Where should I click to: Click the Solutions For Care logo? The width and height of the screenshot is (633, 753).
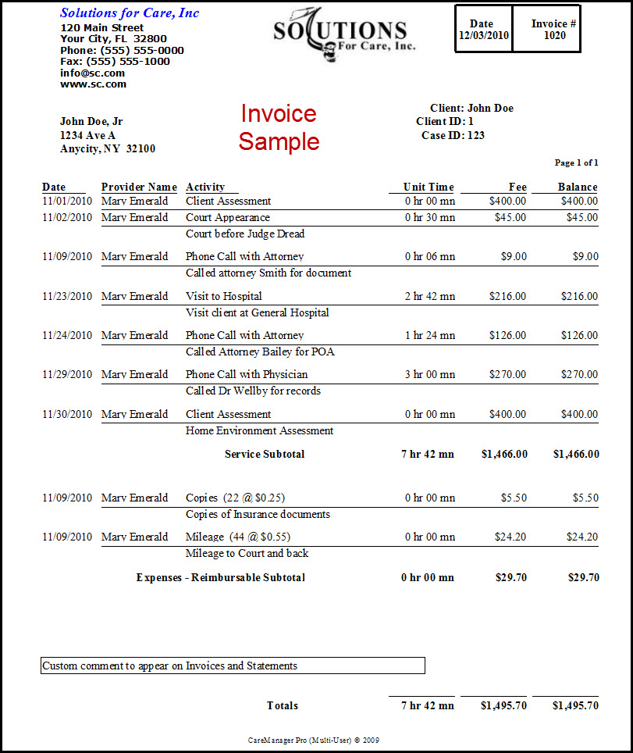pos(343,33)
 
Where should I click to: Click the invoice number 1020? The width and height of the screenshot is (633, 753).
pos(555,35)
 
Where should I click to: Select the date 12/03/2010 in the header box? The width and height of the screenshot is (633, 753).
pos(483,35)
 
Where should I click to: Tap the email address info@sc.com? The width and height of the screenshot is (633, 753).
pos(92,73)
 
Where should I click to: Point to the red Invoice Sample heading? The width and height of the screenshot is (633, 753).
pos(279,127)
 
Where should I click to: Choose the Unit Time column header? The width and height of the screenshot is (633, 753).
pos(428,187)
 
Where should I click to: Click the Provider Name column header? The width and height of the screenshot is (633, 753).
pos(139,187)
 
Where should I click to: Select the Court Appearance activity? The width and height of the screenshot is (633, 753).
pos(228,217)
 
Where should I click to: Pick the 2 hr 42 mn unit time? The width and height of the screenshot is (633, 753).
pos(429,296)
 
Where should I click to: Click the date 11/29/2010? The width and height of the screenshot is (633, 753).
pos(67,374)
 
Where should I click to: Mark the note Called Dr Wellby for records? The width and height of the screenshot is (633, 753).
pos(253,391)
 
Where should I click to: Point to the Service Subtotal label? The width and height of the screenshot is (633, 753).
pos(265,454)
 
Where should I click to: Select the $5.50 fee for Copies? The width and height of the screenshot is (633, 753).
pos(513,498)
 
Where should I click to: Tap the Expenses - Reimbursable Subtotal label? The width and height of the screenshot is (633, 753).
pos(220,577)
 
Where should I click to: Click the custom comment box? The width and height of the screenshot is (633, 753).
pos(233,666)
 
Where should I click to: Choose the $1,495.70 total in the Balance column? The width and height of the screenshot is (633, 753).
pos(575,705)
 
